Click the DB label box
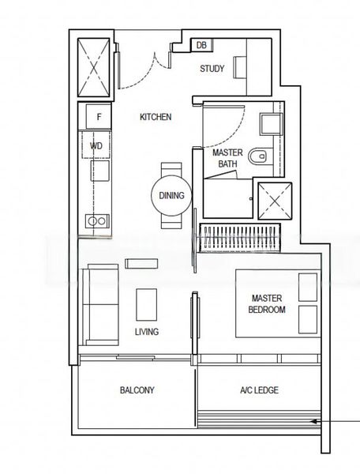tap(201, 46)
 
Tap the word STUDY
tap(212, 69)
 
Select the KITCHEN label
tap(156, 117)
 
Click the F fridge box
tap(99, 117)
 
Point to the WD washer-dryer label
tap(96, 146)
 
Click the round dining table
tap(171, 195)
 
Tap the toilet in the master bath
tap(257, 158)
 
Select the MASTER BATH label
tap(227, 157)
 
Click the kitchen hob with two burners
tap(98, 220)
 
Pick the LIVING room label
tap(146, 332)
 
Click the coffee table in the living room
tap(147, 303)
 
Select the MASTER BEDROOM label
tap(268, 304)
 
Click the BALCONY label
tap(137, 390)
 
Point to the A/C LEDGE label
tap(259, 390)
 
